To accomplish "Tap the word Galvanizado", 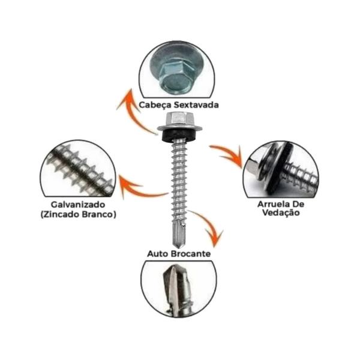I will tap(75, 204).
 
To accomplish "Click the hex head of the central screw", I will tap(178, 119).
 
